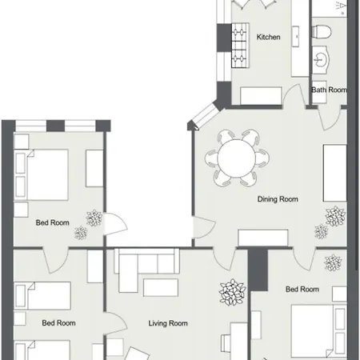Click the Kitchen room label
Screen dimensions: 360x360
click(268, 37)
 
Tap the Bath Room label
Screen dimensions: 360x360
click(330, 90)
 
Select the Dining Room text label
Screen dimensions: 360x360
click(278, 199)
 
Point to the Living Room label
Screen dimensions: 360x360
click(168, 323)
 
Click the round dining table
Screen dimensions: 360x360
click(237, 158)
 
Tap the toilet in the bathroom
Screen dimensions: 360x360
click(322, 31)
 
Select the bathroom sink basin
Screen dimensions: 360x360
click(320, 59)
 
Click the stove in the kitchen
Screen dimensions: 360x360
click(240, 46)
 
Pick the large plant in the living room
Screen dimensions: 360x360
click(232, 292)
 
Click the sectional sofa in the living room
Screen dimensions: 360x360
click(146, 270)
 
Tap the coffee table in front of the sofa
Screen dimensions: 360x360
click(161, 287)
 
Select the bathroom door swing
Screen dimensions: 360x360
click(330, 118)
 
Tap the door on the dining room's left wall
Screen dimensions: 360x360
click(204, 227)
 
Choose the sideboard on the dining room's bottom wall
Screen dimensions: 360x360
click(263, 238)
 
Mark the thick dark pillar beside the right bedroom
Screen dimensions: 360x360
click(258, 270)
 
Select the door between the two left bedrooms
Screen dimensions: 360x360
click(55, 260)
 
